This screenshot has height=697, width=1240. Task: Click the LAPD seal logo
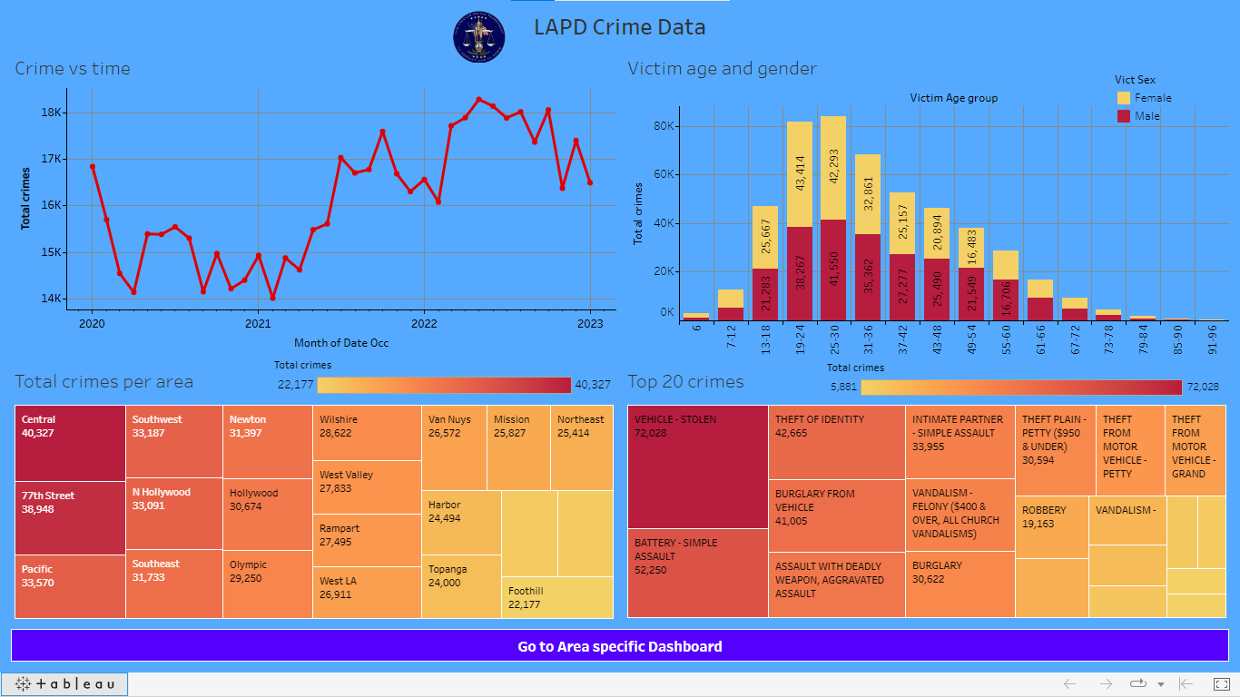pyautogui.click(x=478, y=36)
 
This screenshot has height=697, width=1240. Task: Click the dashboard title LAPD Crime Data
pyautogui.click(x=619, y=27)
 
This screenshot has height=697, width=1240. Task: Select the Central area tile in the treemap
pyautogui.click(x=70, y=443)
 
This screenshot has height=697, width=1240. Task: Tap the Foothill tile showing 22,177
pyautogui.click(x=556, y=597)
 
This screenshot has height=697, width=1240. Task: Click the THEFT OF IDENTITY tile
pyautogui.click(x=836, y=442)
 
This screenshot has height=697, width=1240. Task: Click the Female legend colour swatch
pyautogui.click(x=1124, y=98)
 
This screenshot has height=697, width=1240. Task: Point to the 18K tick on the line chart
pyautogui.click(x=52, y=113)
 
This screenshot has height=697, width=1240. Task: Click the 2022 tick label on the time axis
pyautogui.click(x=424, y=323)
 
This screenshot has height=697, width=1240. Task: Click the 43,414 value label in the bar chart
pyautogui.click(x=800, y=172)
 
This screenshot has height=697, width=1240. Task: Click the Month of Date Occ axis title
pyautogui.click(x=341, y=343)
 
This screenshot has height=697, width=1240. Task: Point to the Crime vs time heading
pyautogui.click(x=73, y=69)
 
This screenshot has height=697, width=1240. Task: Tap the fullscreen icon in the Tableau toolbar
pyautogui.click(x=1221, y=683)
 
